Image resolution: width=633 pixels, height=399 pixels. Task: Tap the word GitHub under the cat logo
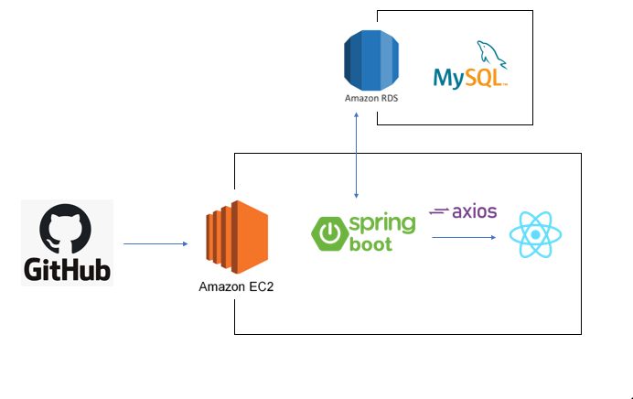pos(66,271)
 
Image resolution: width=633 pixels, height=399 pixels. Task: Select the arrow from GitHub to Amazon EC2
pos(156,243)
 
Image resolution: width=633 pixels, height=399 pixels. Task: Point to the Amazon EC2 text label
pos(236,286)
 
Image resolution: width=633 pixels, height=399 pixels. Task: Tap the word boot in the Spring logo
pos(370,244)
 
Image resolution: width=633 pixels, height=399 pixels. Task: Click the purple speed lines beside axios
pos(439,212)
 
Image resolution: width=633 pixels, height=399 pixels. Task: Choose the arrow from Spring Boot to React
pos(465,237)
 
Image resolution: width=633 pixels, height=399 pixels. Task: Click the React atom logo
pos(535,234)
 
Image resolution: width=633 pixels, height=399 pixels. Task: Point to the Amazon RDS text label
pos(370,97)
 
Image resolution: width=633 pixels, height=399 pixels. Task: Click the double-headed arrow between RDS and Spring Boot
pos(356,156)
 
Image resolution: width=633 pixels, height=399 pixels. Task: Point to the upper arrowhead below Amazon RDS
pos(356,116)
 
